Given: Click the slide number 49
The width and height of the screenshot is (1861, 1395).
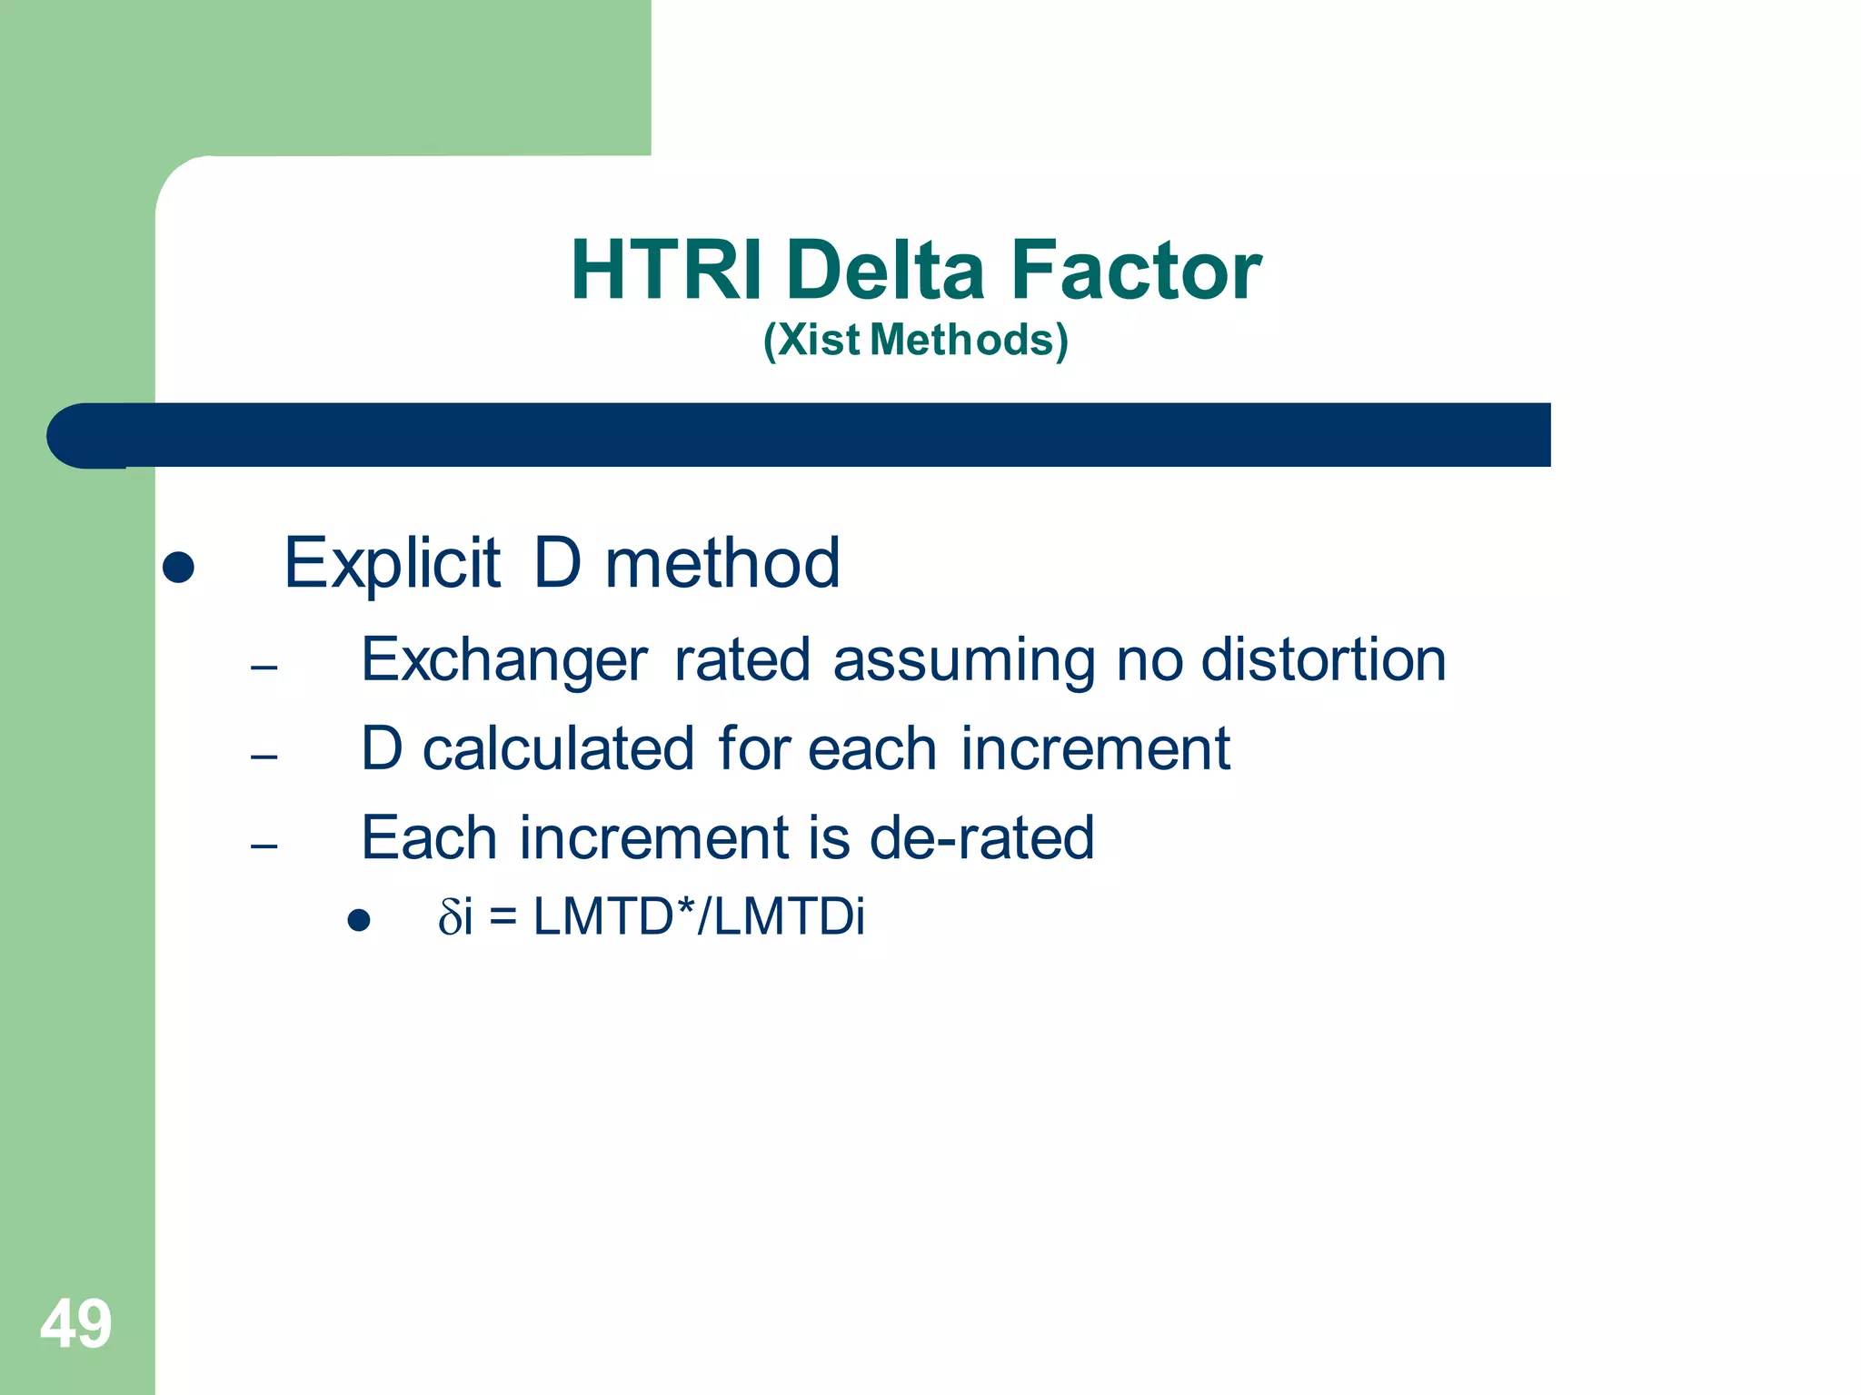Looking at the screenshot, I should [x=76, y=1324].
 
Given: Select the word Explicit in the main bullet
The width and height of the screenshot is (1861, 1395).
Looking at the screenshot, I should [x=392, y=563].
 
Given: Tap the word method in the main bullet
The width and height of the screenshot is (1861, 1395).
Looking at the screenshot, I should [x=722, y=563].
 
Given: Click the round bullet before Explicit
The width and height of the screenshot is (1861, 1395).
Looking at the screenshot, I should [x=178, y=568].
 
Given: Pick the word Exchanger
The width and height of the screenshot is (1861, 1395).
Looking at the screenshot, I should [x=504, y=660].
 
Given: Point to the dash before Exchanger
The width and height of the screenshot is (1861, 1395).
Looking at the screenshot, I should [x=264, y=668].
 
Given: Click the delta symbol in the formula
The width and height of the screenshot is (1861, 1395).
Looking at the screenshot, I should [x=449, y=917].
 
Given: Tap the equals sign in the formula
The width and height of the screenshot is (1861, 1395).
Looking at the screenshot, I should [x=503, y=917].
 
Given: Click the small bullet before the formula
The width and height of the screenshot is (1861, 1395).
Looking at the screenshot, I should [x=359, y=921].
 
